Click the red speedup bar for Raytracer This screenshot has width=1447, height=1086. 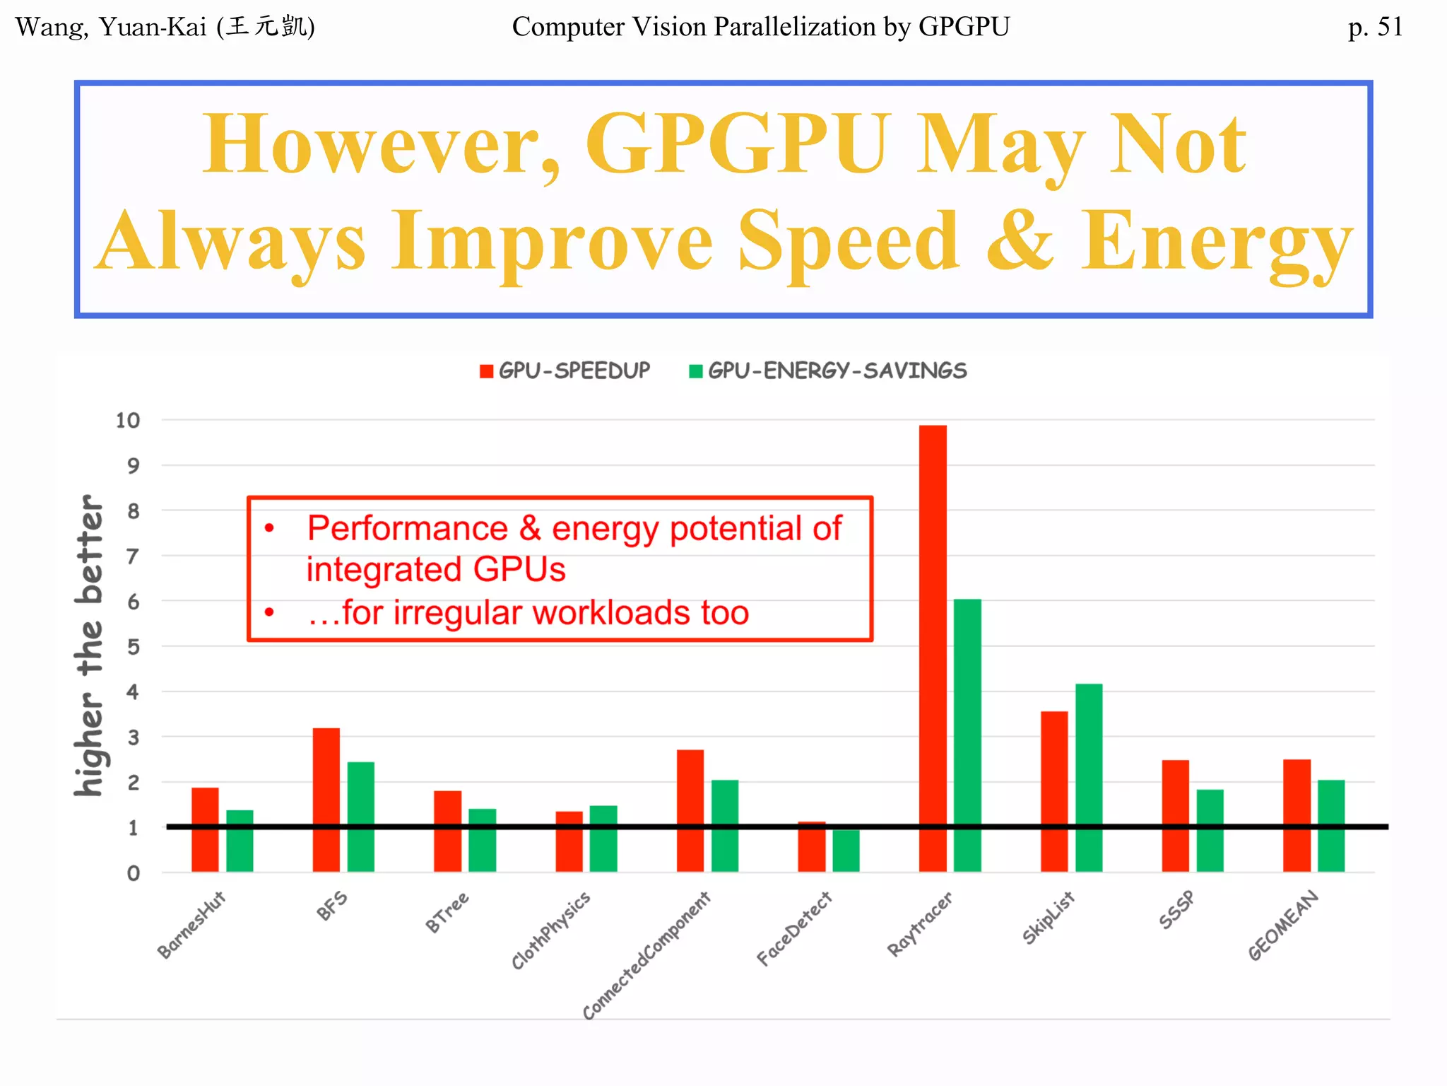pyautogui.click(x=933, y=647)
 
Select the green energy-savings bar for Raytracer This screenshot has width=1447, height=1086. pyautogui.click(x=967, y=735)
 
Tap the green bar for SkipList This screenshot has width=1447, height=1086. pyautogui.click(x=1089, y=778)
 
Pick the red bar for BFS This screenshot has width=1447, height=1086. pyautogui.click(x=326, y=799)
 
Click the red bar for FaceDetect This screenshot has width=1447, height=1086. pyautogui.click(x=811, y=846)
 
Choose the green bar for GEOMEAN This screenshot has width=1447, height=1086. pyautogui.click(x=1331, y=825)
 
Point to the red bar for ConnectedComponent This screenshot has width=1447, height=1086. pyautogui.click(x=690, y=810)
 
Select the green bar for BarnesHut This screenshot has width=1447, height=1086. pyautogui.click(x=240, y=841)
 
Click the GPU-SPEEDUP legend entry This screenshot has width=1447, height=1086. pyautogui.click(x=565, y=370)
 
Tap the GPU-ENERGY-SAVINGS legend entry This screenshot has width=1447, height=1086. pyautogui.click(x=828, y=370)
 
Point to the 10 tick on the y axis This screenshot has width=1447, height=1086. pyautogui.click(x=128, y=421)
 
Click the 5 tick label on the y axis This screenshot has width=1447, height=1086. pyautogui.click(x=133, y=647)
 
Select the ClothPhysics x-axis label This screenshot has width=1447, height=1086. pyautogui.click(x=550, y=930)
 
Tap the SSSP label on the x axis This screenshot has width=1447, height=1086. pyautogui.click(x=1176, y=910)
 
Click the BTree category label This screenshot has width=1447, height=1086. pyautogui.click(x=447, y=913)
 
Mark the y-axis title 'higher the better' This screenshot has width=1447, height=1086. pyautogui.click(x=90, y=645)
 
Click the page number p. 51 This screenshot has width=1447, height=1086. pyautogui.click(x=1375, y=27)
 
